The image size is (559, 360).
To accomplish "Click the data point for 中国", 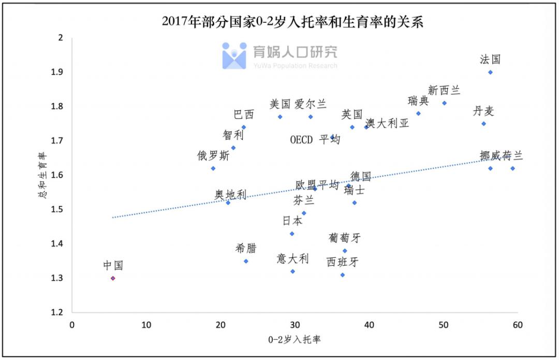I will point(113,278).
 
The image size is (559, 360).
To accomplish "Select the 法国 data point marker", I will point(490,72).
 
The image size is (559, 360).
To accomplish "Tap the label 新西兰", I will point(444,90).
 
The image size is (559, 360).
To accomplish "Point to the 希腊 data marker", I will point(246,261).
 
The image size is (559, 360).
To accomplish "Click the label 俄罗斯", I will point(213,155).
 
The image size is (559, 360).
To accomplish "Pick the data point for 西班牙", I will point(343,275).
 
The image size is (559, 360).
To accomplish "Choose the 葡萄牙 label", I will point(345,238).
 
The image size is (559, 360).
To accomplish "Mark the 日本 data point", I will point(292,234).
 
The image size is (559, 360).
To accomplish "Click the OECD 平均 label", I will point(315,140).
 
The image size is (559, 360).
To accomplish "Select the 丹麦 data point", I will point(483,123).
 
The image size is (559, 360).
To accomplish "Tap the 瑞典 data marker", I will point(418,113).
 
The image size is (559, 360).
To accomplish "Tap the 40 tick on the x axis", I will point(369,325).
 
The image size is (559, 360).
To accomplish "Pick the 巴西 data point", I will point(244,127).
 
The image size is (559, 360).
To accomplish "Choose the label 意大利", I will point(293,258).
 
